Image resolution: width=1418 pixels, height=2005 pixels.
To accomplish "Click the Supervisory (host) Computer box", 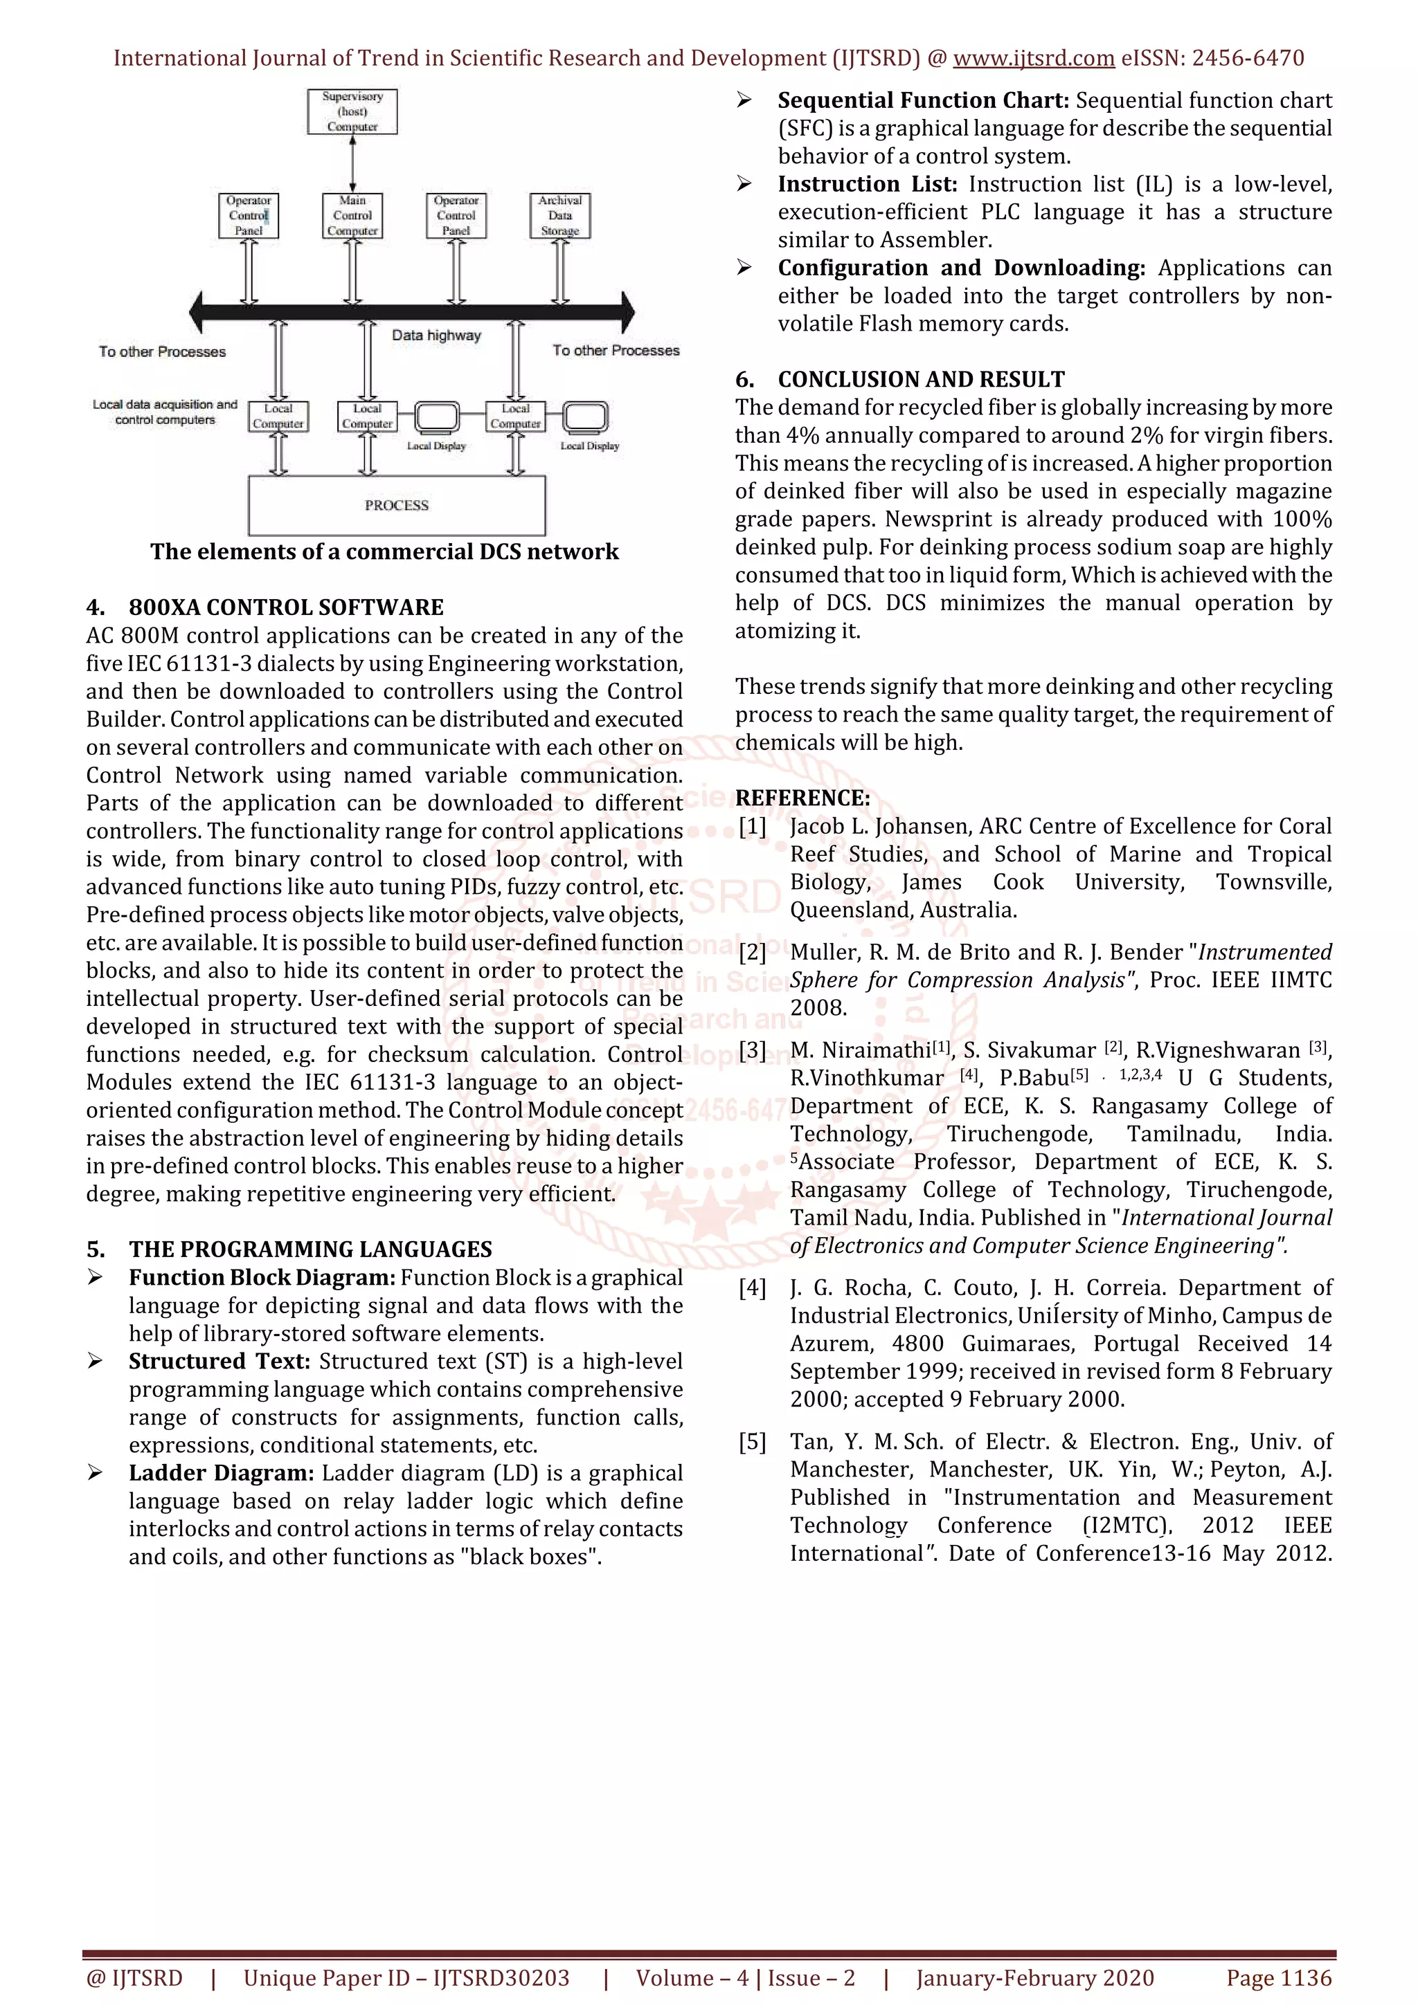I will [x=352, y=112].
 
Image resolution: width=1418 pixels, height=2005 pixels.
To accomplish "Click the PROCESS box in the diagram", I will [x=397, y=506].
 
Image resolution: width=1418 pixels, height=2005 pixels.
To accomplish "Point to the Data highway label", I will [x=436, y=336].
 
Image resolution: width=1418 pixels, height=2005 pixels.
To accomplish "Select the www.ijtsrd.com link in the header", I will [x=1034, y=59].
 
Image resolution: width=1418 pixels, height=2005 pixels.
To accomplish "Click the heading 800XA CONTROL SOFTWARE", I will [x=286, y=607].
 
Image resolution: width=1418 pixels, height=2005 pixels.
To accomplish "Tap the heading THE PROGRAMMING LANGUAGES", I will [x=310, y=1249].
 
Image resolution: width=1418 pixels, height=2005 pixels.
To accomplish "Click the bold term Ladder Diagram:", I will [x=221, y=1472].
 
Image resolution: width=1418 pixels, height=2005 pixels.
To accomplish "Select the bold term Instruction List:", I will [x=868, y=184].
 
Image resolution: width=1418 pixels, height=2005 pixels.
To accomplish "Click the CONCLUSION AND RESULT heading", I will [x=921, y=379].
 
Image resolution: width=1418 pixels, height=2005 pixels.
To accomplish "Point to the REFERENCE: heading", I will [x=802, y=798].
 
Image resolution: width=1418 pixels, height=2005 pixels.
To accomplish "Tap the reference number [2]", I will [x=752, y=952].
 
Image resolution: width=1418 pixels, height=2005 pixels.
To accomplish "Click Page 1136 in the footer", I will [x=1279, y=1978].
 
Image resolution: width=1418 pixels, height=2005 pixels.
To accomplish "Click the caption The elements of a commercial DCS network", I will [x=384, y=552].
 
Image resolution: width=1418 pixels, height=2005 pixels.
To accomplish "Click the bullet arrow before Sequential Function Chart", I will [x=744, y=100].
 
